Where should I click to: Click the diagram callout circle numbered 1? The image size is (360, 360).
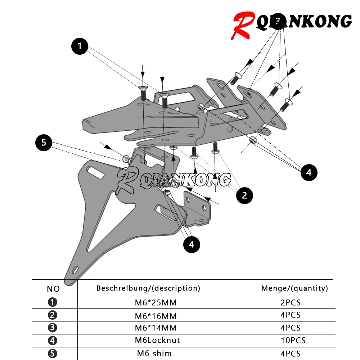[x=80, y=46]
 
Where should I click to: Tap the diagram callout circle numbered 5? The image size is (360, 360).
[x=44, y=143]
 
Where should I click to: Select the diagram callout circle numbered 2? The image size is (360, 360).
[x=244, y=195]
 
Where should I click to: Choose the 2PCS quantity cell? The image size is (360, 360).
[x=290, y=302]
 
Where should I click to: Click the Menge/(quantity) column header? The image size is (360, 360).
[x=294, y=288]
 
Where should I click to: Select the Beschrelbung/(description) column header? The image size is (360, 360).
[x=148, y=288]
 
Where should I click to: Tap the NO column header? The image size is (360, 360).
[x=53, y=289]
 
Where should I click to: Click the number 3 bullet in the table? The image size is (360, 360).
[x=53, y=328]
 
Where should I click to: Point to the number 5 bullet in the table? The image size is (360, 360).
[x=53, y=354]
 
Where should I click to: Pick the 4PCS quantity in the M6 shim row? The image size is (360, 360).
[x=290, y=354]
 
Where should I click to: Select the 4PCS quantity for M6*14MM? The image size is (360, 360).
[x=290, y=328]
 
